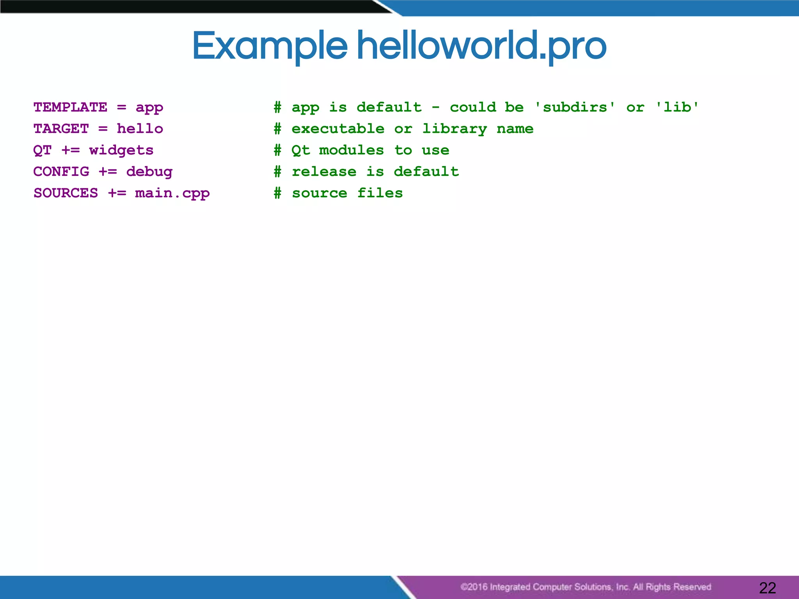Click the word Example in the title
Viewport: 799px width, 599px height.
pyautogui.click(x=269, y=46)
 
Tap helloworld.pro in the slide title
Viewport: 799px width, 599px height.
pyautogui.click(x=481, y=46)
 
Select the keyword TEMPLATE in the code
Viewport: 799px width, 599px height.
pyautogui.click(x=70, y=107)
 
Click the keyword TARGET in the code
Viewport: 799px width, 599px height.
pyautogui.click(x=61, y=128)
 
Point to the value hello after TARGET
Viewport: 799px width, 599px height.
pyautogui.click(x=140, y=128)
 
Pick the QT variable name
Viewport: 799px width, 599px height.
pyautogui.click(x=43, y=150)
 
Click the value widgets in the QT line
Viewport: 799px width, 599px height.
pyautogui.click(x=121, y=150)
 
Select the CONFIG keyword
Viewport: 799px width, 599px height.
pyautogui.click(x=61, y=172)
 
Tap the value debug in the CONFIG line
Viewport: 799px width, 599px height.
pyautogui.click(x=149, y=172)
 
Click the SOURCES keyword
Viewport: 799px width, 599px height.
pyautogui.click(x=66, y=193)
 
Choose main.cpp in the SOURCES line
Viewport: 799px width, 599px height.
pyautogui.click(x=172, y=193)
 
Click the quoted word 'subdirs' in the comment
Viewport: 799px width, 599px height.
pyautogui.click(x=575, y=107)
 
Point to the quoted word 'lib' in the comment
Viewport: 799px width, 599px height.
pyautogui.click(x=677, y=107)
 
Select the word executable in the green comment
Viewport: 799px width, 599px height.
pyautogui.click(x=338, y=128)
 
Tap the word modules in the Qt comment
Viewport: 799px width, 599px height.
pyautogui.click(x=352, y=150)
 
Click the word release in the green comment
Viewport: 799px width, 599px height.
pyautogui.click(x=324, y=172)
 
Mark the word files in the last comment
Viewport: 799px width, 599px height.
pyautogui.click(x=380, y=193)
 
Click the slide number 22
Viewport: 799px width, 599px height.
pyautogui.click(x=767, y=588)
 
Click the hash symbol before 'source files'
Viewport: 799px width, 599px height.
pyautogui.click(x=277, y=193)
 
